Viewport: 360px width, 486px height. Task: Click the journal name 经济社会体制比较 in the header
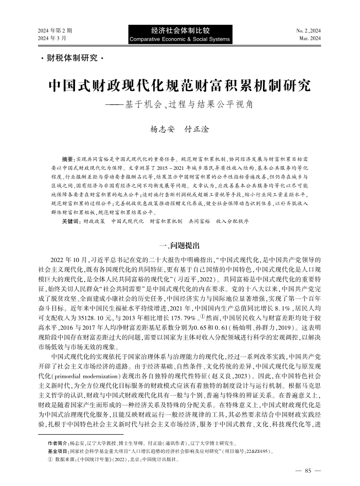click(x=180, y=31)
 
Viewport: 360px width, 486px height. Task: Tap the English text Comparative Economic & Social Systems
click(x=180, y=40)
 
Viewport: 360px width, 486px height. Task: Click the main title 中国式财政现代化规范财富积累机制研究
click(x=180, y=86)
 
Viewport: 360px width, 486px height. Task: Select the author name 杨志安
click(x=163, y=131)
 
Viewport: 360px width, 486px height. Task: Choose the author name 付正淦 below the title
click(x=197, y=131)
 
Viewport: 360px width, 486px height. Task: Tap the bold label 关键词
click(x=71, y=220)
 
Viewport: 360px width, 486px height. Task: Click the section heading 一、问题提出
click(x=180, y=245)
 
